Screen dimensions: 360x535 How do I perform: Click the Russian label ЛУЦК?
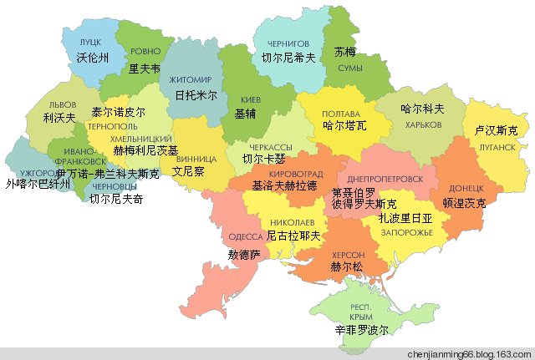[x=89, y=41]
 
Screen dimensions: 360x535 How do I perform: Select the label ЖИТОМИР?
[x=190, y=79]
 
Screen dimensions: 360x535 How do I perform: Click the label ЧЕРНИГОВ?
[x=288, y=43]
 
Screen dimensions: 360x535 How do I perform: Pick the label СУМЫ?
[x=349, y=67]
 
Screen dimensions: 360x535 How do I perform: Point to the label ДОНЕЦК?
[x=466, y=188]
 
